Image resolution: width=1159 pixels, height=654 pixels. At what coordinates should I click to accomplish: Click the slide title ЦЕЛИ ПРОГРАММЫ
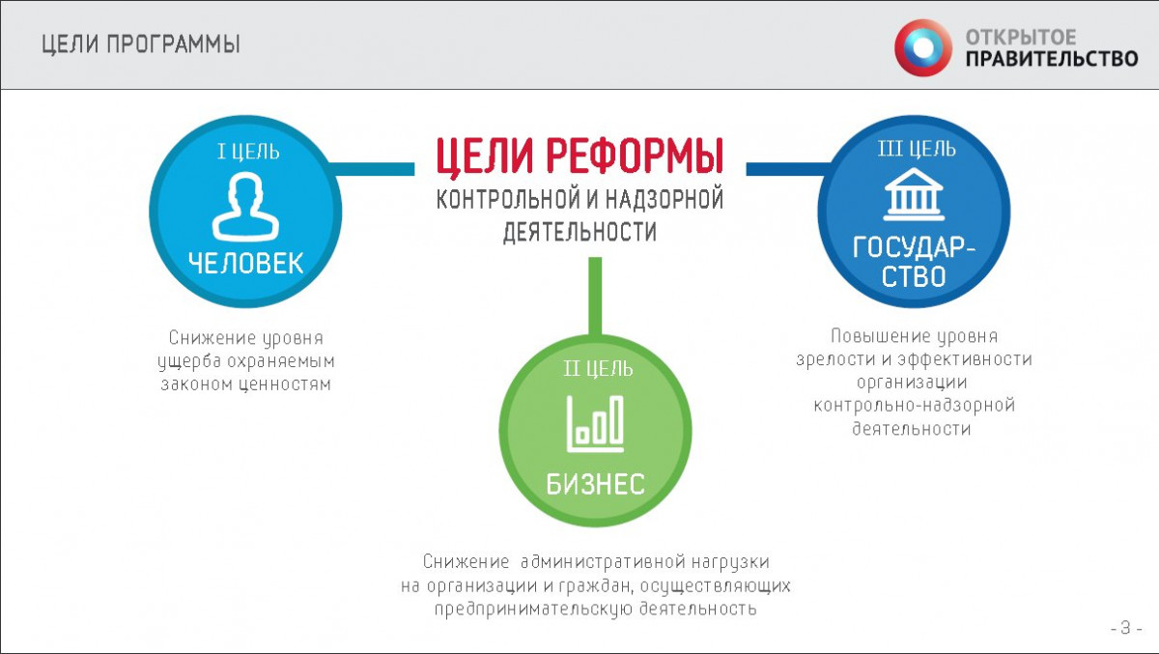(141, 44)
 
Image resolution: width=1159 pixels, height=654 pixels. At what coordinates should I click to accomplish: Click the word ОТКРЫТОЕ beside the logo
(1021, 38)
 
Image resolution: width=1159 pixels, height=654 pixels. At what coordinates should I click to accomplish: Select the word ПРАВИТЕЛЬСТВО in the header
(1052, 59)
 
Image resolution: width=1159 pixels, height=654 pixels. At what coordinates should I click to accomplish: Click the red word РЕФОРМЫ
(635, 156)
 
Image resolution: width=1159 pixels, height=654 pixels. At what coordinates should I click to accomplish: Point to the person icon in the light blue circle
(245, 207)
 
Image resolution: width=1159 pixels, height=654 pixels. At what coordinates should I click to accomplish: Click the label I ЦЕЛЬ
(248, 152)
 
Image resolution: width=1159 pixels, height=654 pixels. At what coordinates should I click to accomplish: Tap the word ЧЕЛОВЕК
(245, 264)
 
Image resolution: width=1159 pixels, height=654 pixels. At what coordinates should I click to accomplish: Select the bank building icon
(914, 194)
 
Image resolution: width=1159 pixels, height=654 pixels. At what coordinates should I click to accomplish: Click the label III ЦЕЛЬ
(917, 149)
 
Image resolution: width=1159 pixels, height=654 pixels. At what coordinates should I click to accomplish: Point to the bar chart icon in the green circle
(595, 424)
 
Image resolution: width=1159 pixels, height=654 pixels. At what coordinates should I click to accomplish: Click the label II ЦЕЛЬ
(598, 369)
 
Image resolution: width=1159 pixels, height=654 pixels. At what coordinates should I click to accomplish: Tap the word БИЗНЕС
(596, 484)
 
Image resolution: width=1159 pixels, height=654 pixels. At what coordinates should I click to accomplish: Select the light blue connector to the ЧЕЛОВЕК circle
(372, 169)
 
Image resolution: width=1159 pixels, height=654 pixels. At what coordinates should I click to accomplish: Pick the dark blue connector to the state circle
(788, 169)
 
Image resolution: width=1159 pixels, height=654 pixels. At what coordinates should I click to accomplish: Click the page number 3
(1126, 628)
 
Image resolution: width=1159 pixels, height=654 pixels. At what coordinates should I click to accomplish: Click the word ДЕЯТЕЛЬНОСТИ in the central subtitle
(579, 232)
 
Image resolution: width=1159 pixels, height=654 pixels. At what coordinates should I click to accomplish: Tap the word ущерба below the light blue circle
(189, 361)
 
